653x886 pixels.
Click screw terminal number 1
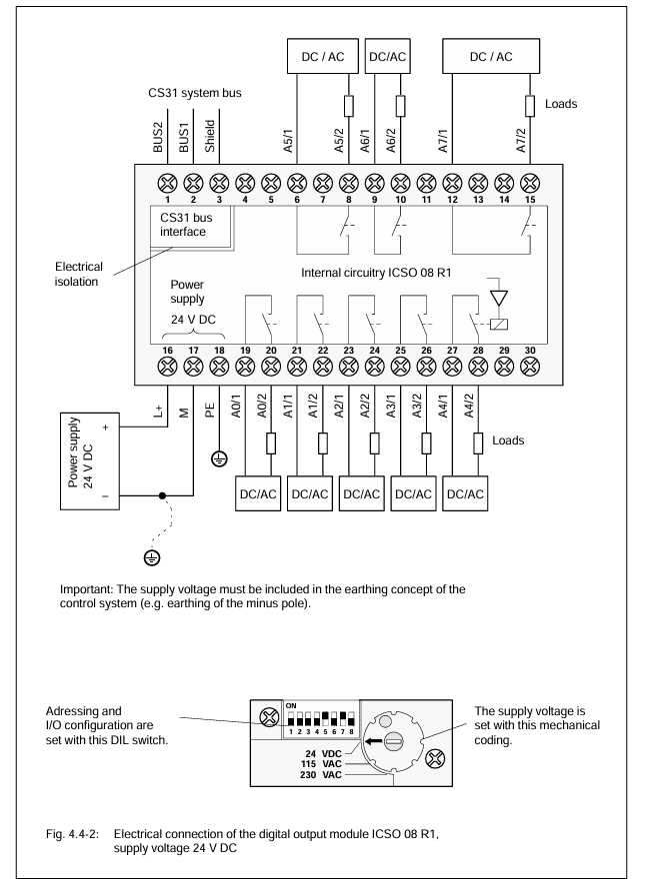tap(167, 183)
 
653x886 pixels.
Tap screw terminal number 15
tap(530, 183)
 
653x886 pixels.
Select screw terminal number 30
tap(530, 367)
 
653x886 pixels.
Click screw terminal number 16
tap(167, 367)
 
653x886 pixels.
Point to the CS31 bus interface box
tap(191, 226)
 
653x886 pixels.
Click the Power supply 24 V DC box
tap(90, 461)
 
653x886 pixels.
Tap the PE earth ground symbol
tap(219, 458)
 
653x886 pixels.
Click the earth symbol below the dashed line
tap(152, 558)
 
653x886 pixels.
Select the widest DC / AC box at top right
tap(491, 56)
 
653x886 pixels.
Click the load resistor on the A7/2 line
tap(530, 106)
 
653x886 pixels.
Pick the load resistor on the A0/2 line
tap(271, 443)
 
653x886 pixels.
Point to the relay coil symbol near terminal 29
tap(498, 325)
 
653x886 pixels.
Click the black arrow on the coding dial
tap(373, 741)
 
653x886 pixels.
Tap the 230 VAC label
tap(321, 775)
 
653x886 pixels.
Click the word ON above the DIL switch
tap(291, 706)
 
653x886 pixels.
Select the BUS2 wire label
tap(158, 137)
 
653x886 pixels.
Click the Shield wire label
tap(210, 136)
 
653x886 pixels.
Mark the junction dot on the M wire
tap(162, 495)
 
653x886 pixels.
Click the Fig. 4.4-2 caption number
tap(72, 834)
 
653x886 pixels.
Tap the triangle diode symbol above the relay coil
tap(499, 298)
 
